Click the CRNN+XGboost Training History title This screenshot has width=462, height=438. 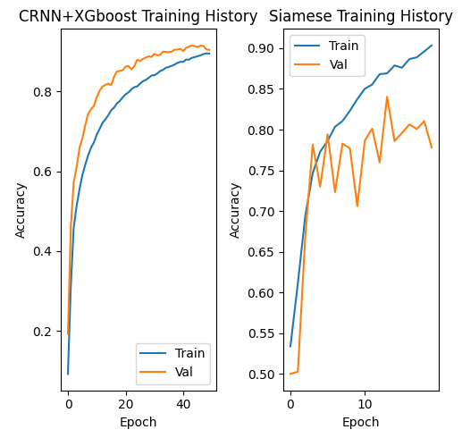click(x=138, y=17)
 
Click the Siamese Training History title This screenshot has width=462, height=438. click(x=361, y=17)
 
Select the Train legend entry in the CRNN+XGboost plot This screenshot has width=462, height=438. click(x=182, y=353)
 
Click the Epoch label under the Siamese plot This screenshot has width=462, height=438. click(x=361, y=422)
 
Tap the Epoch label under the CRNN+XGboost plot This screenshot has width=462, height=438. click(x=139, y=422)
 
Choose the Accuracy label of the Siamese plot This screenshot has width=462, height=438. click(x=236, y=211)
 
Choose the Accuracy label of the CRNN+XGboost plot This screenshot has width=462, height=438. click(x=21, y=211)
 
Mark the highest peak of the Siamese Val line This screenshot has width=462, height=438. click(x=387, y=97)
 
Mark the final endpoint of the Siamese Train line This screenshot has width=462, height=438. click(x=432, y=45)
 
